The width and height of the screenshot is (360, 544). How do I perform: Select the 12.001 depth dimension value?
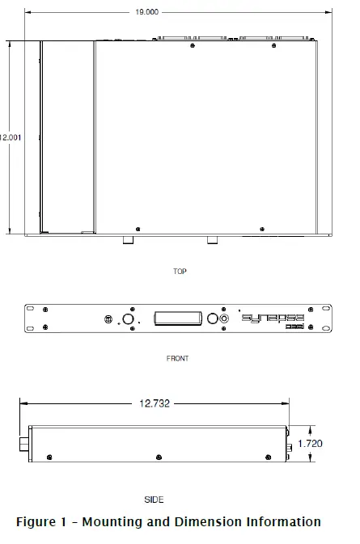click(11, 137)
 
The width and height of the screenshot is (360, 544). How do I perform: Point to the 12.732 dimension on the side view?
click(154, 402)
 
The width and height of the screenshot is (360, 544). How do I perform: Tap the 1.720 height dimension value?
click(310, 444)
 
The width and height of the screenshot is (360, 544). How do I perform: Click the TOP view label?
click(180, 272)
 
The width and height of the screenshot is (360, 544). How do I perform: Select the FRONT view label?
click(177, 358)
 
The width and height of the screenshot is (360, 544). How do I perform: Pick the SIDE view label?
click(154, 500)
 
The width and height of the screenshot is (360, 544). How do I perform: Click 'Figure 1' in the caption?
click(42, 522)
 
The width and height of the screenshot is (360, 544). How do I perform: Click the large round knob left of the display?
click(128, 318)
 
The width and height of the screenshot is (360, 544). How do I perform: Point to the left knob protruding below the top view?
click(127, 241)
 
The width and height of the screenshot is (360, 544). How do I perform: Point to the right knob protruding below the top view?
click(212, 241)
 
